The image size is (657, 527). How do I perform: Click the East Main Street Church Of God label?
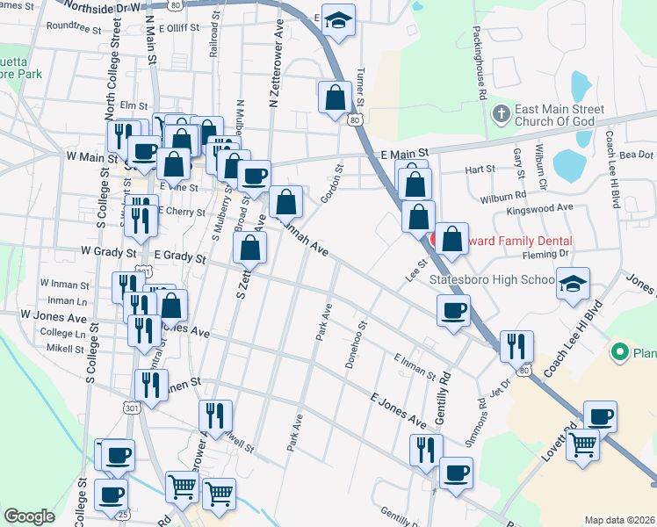pos(559,116)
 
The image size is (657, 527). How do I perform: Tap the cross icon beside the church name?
pos(501,114)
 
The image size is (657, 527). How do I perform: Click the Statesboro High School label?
pos(493,280)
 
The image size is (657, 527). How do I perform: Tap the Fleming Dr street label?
pos(545,253)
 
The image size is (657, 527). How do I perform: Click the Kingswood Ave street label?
pos(539,209)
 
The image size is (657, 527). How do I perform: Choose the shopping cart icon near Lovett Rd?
pos(582,446)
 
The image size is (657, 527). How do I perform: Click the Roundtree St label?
pos(75,26)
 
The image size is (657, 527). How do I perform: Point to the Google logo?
pos(29,516)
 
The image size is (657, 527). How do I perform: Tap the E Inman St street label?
pos(415,366)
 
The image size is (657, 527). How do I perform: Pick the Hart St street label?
pos(480,169)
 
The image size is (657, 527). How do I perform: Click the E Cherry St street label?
pos(183,212)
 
